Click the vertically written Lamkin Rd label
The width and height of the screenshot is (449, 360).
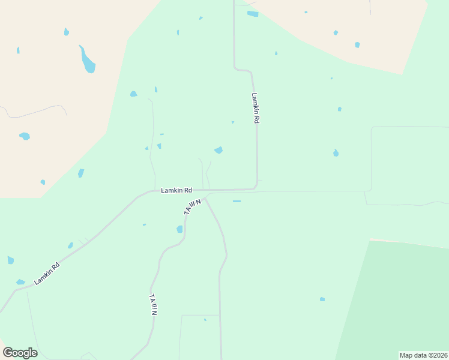pyautogui.click(x=256, y=108)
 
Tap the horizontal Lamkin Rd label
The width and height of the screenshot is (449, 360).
pyautogui.click(x=176, y=190)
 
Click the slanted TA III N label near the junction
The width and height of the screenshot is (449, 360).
pyautogui.click(x=191, y=208)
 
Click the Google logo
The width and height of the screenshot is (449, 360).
pyautogui.click(x=20, y=353)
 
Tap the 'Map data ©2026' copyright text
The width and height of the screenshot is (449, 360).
pyautogui.click(x=423, y=355)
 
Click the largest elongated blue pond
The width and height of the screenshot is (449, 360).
pyautogui.click(x=88, y=59)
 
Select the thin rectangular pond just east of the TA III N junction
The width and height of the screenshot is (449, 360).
pyautogui.click(x=237, y=201)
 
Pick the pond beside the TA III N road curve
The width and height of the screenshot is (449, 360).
pyautogui.click(x=179, y=229)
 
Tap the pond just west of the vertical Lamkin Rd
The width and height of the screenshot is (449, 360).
pyautogui.click(x=218, y=150)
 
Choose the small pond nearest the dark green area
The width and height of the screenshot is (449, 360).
pyautogui.click(x=322, y=299)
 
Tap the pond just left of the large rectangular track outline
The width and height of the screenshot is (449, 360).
pyautogui.click(x=336, y=153)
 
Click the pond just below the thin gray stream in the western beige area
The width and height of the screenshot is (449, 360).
pyautogui.click(x=25, y=136)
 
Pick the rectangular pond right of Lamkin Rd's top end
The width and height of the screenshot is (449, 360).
pyautogui.click(x=253, y=14)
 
